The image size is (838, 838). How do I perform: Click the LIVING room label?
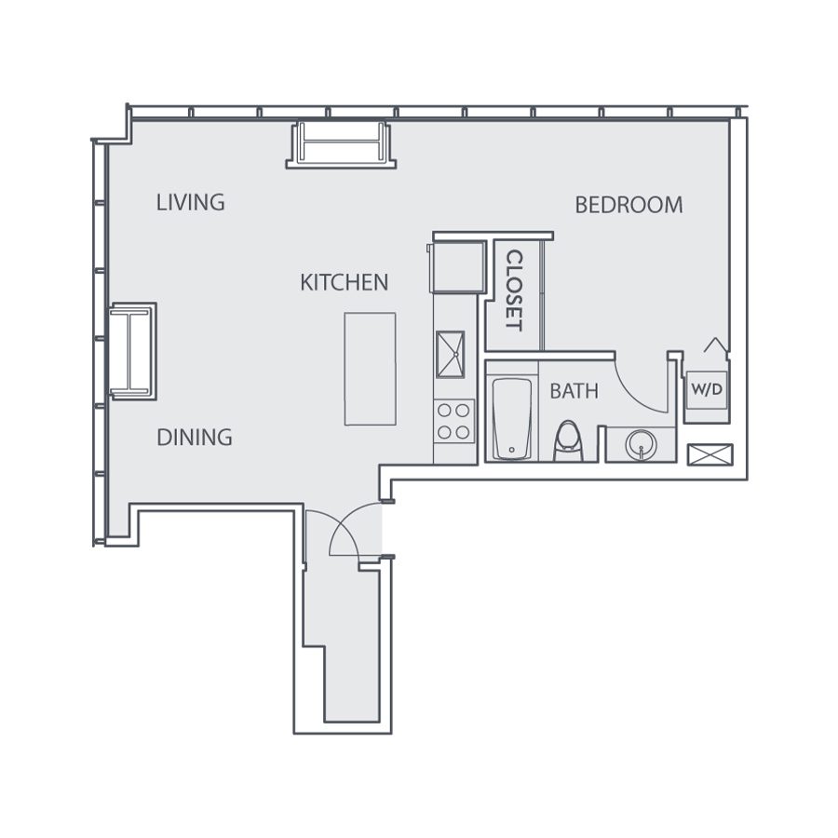click(x=191, y=202)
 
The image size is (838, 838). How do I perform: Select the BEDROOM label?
click(x=628, y=205)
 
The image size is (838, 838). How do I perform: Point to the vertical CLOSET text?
click(x=513, y=291)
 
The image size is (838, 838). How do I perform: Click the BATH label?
click(x=574, y=391)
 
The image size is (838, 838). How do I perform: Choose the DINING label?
click(x=194, y=438)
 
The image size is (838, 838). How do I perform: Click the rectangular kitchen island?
click(x=370, y=369)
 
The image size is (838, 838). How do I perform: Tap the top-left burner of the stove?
click(x=444, y=411)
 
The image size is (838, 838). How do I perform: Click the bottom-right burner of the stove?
click(x=463, y=431)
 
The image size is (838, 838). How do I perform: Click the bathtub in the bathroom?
click(x=512, y=418)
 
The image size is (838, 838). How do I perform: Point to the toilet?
click(x=567, y=441)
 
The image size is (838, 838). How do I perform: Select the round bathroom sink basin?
click(x=641, y=442)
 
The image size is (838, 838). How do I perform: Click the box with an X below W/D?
click(x=710, y=455)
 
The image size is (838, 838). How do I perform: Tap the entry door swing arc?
click(x=349, y=531)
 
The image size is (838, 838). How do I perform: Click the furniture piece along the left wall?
click(x=132, y=351)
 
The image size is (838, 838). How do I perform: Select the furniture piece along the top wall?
click(x=341, y=144)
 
